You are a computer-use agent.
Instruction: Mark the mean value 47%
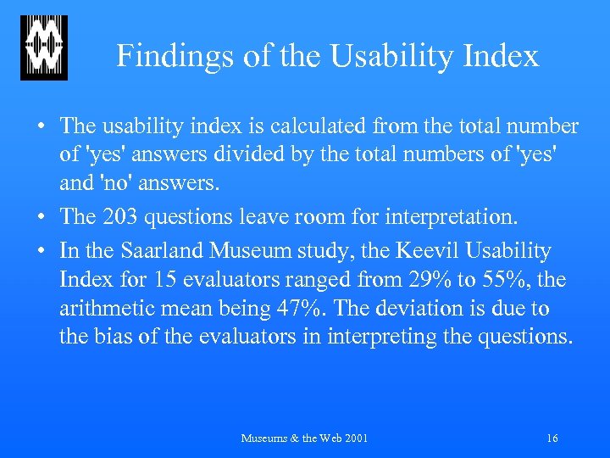click(x=305, y=309)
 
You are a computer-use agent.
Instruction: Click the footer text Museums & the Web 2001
click(x=305, y=438)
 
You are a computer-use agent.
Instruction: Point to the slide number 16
click(x=552, y=438)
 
